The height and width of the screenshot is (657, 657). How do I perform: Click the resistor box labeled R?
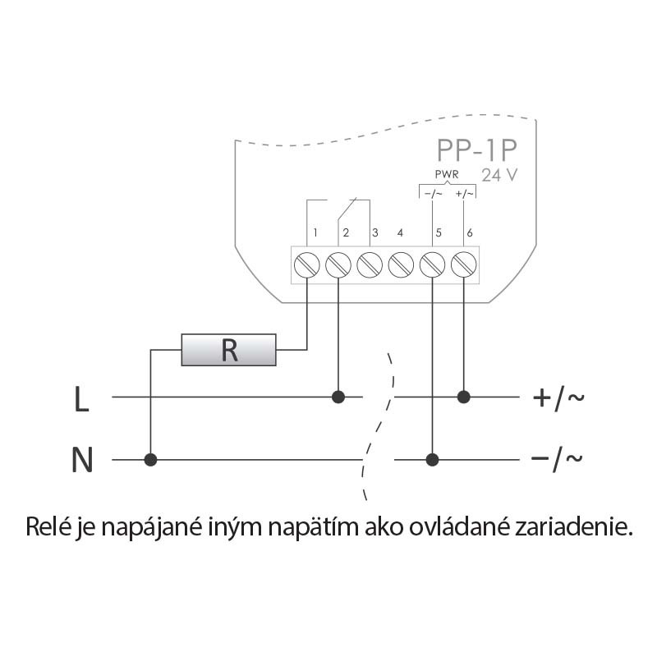pyautogui.click(x=228, y=350)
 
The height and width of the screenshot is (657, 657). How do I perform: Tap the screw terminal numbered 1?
pyautogui.click(x=306, y=264)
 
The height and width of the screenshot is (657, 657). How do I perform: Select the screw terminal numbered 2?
pyautogui.click(x=338, y=264)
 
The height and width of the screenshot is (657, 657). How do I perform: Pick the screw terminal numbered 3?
pyautogui.click(x=370, y=264)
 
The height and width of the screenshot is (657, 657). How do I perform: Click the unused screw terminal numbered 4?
pyautogui.click(x=401, y=264)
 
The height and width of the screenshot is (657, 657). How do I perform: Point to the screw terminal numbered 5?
pyautogui.click(x=433, y=264)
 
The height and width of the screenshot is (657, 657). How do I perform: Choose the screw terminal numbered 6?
pyautogui.click(x=463, y=264)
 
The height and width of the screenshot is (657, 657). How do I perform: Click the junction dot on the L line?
pyautogui.click(x=338, y=397)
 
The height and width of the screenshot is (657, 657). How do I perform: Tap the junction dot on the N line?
pyautogui.click(x=150, y=460)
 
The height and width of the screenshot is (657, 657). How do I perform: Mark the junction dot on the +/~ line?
pyautogui.click(x=463, y=397)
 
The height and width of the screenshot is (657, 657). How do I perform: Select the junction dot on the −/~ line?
pyautogui.click(x=433, y=460)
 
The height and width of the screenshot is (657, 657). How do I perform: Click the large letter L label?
pyautogui.click(x=81, y=399)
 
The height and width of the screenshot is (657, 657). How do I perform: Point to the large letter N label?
pyautogui.click(x=82, y=460)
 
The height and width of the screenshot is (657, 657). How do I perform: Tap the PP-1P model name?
pyautogui.click(x=477, y=150)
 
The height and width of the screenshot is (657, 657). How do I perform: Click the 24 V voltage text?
pyautogui.click(x=499, y=175)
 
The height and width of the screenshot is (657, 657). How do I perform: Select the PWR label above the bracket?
pyautogui.click(x=447, y=174)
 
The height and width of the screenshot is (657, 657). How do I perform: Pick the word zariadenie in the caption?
pyautogui.click(x=573, y=526)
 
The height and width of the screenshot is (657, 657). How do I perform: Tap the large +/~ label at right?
pyautogui.click(x=558, y=397)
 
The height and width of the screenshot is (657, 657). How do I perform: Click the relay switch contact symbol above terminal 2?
pyautogui.click(x=347, y=209)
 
